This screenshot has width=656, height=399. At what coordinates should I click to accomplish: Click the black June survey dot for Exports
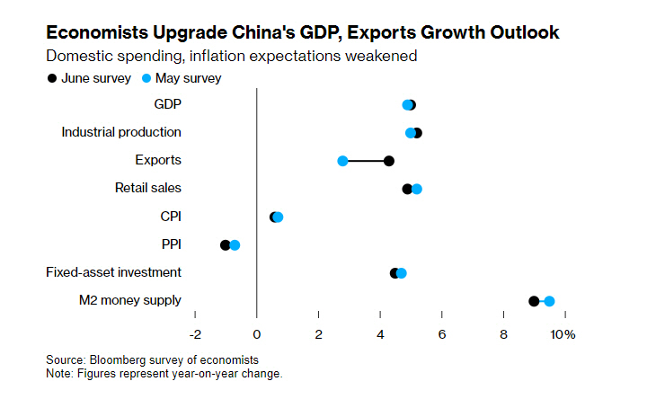tap(389, 161)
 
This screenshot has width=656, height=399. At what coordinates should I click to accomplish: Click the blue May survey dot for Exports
tap(342, 161)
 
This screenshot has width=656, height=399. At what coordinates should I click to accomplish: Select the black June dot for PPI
tap(226, 244)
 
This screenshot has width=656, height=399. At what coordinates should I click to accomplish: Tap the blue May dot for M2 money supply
tap(549, 301)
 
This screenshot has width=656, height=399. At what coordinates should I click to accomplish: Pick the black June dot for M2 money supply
tap(534, 301)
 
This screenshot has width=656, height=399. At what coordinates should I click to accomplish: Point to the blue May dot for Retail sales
tap(417, 189)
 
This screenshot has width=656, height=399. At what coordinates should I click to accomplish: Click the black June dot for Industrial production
tap(417, 133)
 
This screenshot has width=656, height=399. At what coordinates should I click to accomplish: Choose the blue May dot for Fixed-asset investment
tap(402, 273)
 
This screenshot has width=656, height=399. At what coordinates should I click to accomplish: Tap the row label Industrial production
tap(121, 132)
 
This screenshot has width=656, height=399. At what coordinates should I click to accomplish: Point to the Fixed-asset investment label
tap(113, 272)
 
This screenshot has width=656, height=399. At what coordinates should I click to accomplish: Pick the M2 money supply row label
tap(130, 300)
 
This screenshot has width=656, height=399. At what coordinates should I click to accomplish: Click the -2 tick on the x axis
tap(195, 334)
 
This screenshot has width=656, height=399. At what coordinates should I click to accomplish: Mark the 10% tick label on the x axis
tap(563, 334)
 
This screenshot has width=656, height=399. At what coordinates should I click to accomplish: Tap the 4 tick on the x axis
tap(380, 334)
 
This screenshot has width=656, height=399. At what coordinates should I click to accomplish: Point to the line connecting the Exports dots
tap(366, 161)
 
